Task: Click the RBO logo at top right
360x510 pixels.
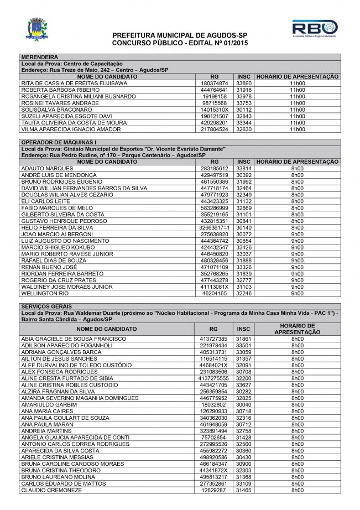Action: point(314,28)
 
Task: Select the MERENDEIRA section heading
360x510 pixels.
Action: point(39,57)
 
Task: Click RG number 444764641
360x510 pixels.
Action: point(215,90)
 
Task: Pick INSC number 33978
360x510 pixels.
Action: point(243,97)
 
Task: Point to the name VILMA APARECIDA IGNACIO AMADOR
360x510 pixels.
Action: point(70,129)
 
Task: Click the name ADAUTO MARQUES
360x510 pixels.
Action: point(47,168)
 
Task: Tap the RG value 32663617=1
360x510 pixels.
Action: point(214,227)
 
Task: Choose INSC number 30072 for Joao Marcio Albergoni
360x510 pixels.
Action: point(243,234)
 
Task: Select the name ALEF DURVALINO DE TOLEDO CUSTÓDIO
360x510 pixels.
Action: point(76,365)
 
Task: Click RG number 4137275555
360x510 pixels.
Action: point(214,378)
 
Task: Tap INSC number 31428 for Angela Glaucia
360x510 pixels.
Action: point(243,438)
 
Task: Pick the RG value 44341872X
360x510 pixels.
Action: point(214,470)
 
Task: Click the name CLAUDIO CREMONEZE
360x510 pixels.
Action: point(51,490)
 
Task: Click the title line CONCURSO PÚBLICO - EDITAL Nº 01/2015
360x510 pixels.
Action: point(180,42)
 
